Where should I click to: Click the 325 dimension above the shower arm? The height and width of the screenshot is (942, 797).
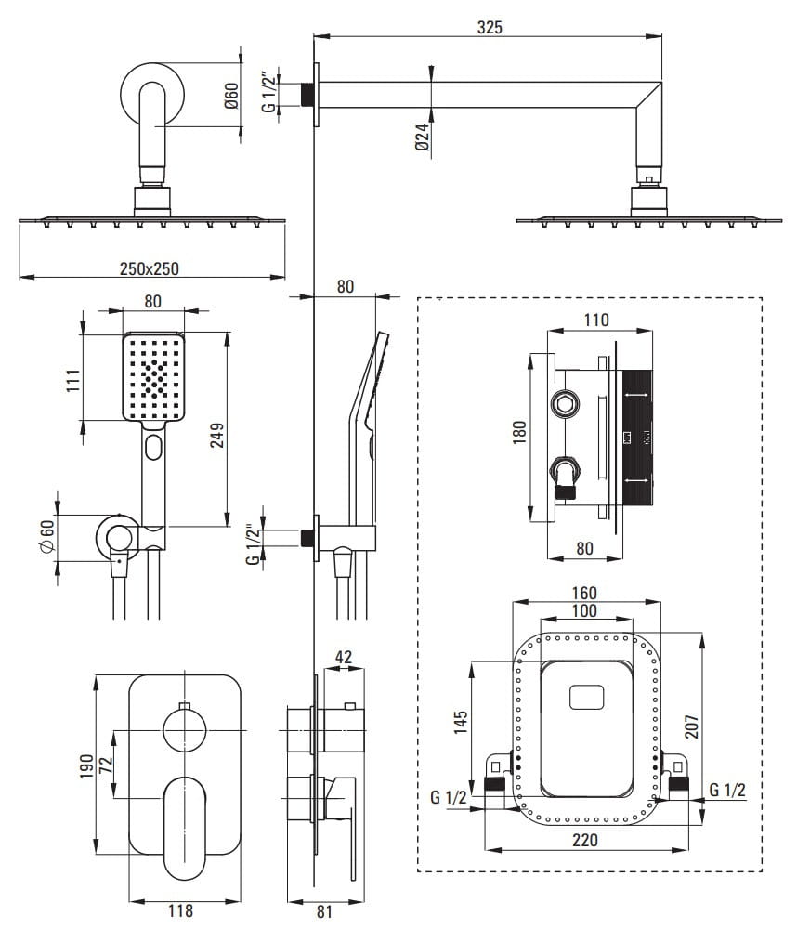[x=490, y=27]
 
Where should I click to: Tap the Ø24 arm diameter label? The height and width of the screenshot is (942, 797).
[x=423, y=137]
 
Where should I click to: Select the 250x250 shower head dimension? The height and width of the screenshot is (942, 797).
[x=149, y=268]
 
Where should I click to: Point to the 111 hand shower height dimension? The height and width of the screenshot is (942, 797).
[x=72, y=381]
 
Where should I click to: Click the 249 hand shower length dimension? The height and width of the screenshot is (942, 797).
[x=216, y=435]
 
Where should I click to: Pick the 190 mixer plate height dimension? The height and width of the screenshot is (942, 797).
[x=86, y=767]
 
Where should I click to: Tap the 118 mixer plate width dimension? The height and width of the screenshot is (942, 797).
[x=180, y=910]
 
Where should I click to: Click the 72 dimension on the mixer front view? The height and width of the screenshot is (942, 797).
[x=106, y=765]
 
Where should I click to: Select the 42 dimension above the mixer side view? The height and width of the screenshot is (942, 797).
[x=343, y=657]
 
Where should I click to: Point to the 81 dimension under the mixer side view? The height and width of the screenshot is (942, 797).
[x=324, y=911]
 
